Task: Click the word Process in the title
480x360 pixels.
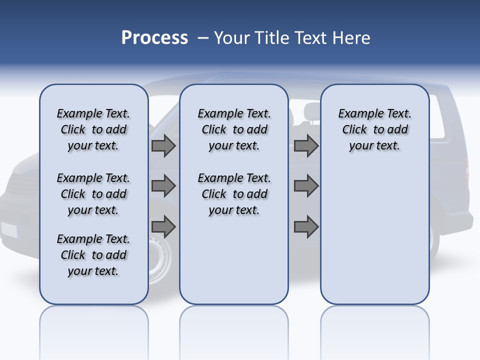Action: [154, 38]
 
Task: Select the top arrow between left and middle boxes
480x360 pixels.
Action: [163, 146]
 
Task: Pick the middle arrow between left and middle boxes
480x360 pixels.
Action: [163, 186]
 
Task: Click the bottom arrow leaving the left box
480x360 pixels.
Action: [163, 227]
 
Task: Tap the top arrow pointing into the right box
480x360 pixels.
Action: [306, 146]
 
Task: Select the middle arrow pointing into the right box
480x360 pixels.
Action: [306, 186]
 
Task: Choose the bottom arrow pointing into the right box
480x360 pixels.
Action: [306, 227]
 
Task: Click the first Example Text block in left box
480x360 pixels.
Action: [93, 129]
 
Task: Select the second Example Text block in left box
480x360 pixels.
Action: [93, 194]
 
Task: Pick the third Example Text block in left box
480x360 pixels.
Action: [93, 255]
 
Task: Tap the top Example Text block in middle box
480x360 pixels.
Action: [234, 129]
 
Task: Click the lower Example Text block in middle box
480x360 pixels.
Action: [234, 194]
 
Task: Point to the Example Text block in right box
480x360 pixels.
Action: [374, 129]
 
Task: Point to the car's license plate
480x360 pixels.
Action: [9, 230]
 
